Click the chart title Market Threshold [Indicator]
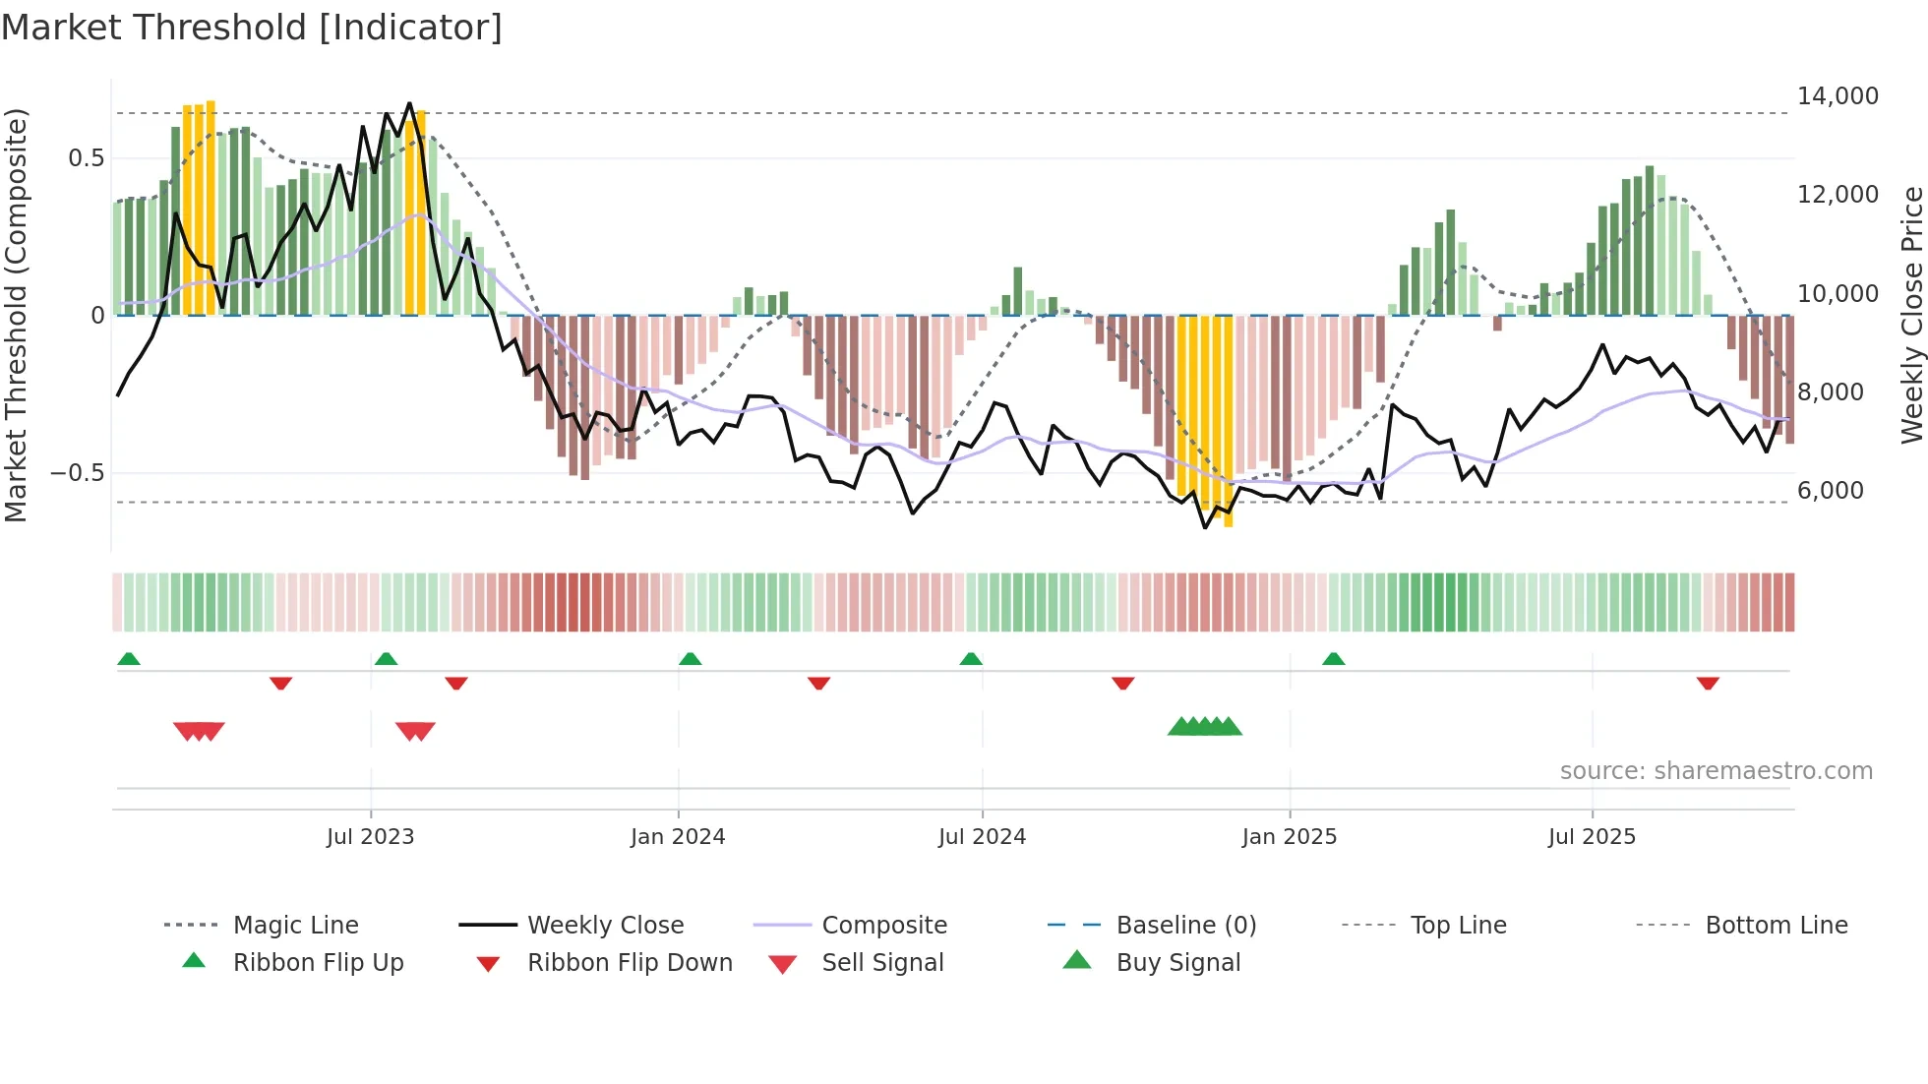pos(252,28)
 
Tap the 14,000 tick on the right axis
pos(1837,96)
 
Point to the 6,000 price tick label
pos(1830,491)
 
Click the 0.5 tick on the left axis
pos(86,158)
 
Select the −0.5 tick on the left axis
pos(78,473)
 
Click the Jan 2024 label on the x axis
pos(677,837)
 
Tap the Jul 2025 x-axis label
pos(1591,837)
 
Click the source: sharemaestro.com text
pos(1716,771)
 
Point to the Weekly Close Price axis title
pos(1911,315)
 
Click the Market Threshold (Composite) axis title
pos(17,315)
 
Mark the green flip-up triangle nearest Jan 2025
pos(1333,659)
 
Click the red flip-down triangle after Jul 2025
pos(1708,683)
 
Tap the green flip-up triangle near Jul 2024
pos(971,659)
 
